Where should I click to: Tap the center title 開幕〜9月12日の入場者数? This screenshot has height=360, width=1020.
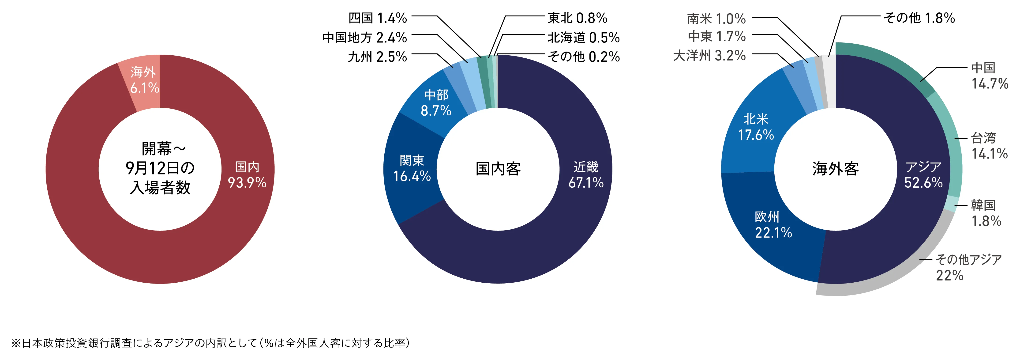160,168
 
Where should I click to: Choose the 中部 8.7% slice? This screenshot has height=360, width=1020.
435,102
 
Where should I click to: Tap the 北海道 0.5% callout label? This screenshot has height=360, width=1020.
583,38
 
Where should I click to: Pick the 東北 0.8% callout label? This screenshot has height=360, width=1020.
577,18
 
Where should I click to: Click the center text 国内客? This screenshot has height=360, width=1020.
498,169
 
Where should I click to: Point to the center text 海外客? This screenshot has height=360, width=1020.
836,169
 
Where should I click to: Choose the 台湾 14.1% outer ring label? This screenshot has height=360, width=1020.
989,146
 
